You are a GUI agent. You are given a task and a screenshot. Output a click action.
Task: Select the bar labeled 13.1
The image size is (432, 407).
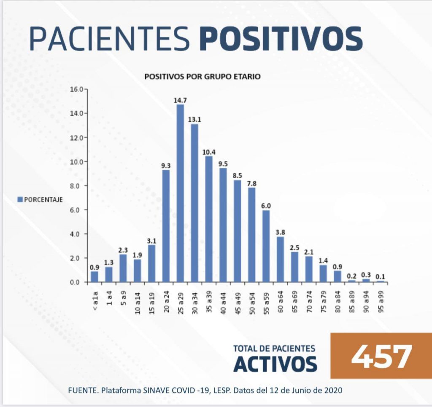pyautogui.click(x=194, y=203)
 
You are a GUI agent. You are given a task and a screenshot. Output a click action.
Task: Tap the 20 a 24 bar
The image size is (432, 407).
pyautogui.click(x=166, y=225)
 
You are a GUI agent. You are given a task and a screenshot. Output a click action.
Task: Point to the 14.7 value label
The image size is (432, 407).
pyautogui.click(x=180, y=100)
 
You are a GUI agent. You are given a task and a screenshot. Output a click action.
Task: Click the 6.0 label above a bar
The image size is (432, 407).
pyautogui.click(x=266, y=205)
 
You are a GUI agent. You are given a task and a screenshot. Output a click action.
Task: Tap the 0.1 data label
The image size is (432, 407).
pyautogui.click(x=381, y=276)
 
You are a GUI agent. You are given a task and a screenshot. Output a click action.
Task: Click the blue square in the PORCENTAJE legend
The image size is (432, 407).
pyautogui.click(x=20, y=199)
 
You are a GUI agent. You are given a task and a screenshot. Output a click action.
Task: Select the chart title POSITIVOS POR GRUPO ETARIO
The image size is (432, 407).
pyautogui.click(x=202, y=77)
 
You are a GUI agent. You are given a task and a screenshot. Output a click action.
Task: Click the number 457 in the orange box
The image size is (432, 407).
pyautogui.click(x=381, y=356)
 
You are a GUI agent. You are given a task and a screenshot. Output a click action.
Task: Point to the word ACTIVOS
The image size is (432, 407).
pyautogui.click(x=275, y=364)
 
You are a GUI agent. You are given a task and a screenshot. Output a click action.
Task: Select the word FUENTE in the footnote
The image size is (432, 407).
pyautogui.click(x=82, y=390)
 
